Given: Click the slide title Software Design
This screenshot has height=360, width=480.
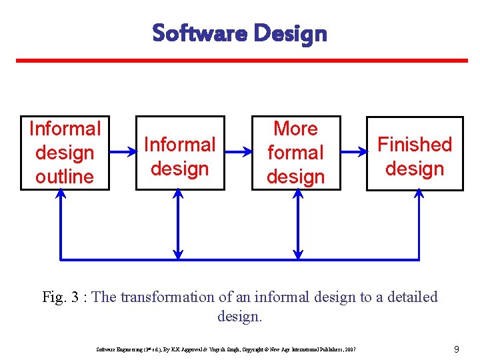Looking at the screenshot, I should (x=239, y=33).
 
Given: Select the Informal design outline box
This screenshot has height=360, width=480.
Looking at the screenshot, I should (x=65, y=153).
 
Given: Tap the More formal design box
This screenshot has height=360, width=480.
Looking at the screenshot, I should (x=295, y=153).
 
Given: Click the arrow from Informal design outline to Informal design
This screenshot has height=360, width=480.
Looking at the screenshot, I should (x=122, y=153).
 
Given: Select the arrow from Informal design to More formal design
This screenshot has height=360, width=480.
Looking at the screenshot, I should (x=237, y=153).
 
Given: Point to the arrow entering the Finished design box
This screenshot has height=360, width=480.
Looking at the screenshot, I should (x=353, y=153).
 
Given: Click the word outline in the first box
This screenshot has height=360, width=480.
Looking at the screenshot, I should (x=65, y=177).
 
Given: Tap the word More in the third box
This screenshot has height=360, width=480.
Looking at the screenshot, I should (x=295, y=128).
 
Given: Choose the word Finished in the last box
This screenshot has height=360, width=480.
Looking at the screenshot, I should (x=415, y=145).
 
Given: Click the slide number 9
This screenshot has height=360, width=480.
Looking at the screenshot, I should (x=456, y=349).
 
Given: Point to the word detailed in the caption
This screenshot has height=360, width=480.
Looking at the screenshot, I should (x=407, y=297).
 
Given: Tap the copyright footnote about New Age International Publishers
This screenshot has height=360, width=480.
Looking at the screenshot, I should (x=226, y=349).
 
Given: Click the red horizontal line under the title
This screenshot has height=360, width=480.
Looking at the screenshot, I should (x=241, y=61).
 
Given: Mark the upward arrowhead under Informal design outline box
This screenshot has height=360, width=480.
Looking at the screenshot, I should (x=61, y=195).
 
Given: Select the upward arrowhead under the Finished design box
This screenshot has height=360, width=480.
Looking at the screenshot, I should (x=419, y=195).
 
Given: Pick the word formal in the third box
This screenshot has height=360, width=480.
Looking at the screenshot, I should (x=295, y=153).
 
